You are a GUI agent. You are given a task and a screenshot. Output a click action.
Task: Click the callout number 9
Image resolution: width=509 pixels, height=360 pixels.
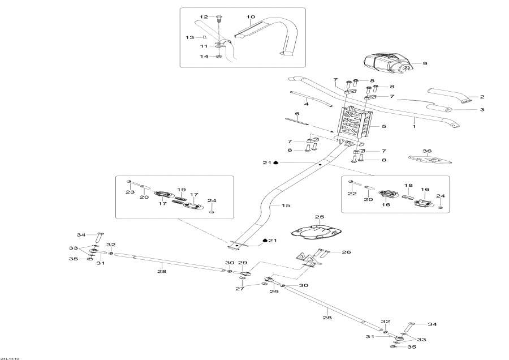point(425,64)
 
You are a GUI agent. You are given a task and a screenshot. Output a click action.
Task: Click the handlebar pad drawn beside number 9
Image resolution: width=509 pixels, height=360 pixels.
point(385,64)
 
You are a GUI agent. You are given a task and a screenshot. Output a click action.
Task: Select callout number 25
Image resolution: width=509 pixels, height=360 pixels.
point(319,217)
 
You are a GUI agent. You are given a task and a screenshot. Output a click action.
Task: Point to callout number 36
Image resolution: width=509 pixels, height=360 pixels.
point(427,151)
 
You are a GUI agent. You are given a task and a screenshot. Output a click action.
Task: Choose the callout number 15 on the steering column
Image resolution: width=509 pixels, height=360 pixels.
point(286,205)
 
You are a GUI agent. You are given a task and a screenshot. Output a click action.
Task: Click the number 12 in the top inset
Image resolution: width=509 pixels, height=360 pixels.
point(204,17)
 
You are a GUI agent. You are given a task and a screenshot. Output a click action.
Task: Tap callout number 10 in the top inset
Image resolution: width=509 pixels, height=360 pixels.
point(251,17)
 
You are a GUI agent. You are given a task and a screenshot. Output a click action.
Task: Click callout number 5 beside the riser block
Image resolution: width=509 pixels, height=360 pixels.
point(383,127)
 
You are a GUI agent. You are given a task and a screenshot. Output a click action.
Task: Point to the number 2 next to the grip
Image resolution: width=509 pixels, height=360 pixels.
point(482,97)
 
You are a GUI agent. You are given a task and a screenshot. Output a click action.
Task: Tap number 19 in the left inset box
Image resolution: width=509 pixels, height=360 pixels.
point(181,190)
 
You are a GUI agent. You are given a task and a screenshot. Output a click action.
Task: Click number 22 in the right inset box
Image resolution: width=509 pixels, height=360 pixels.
point(352,193)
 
